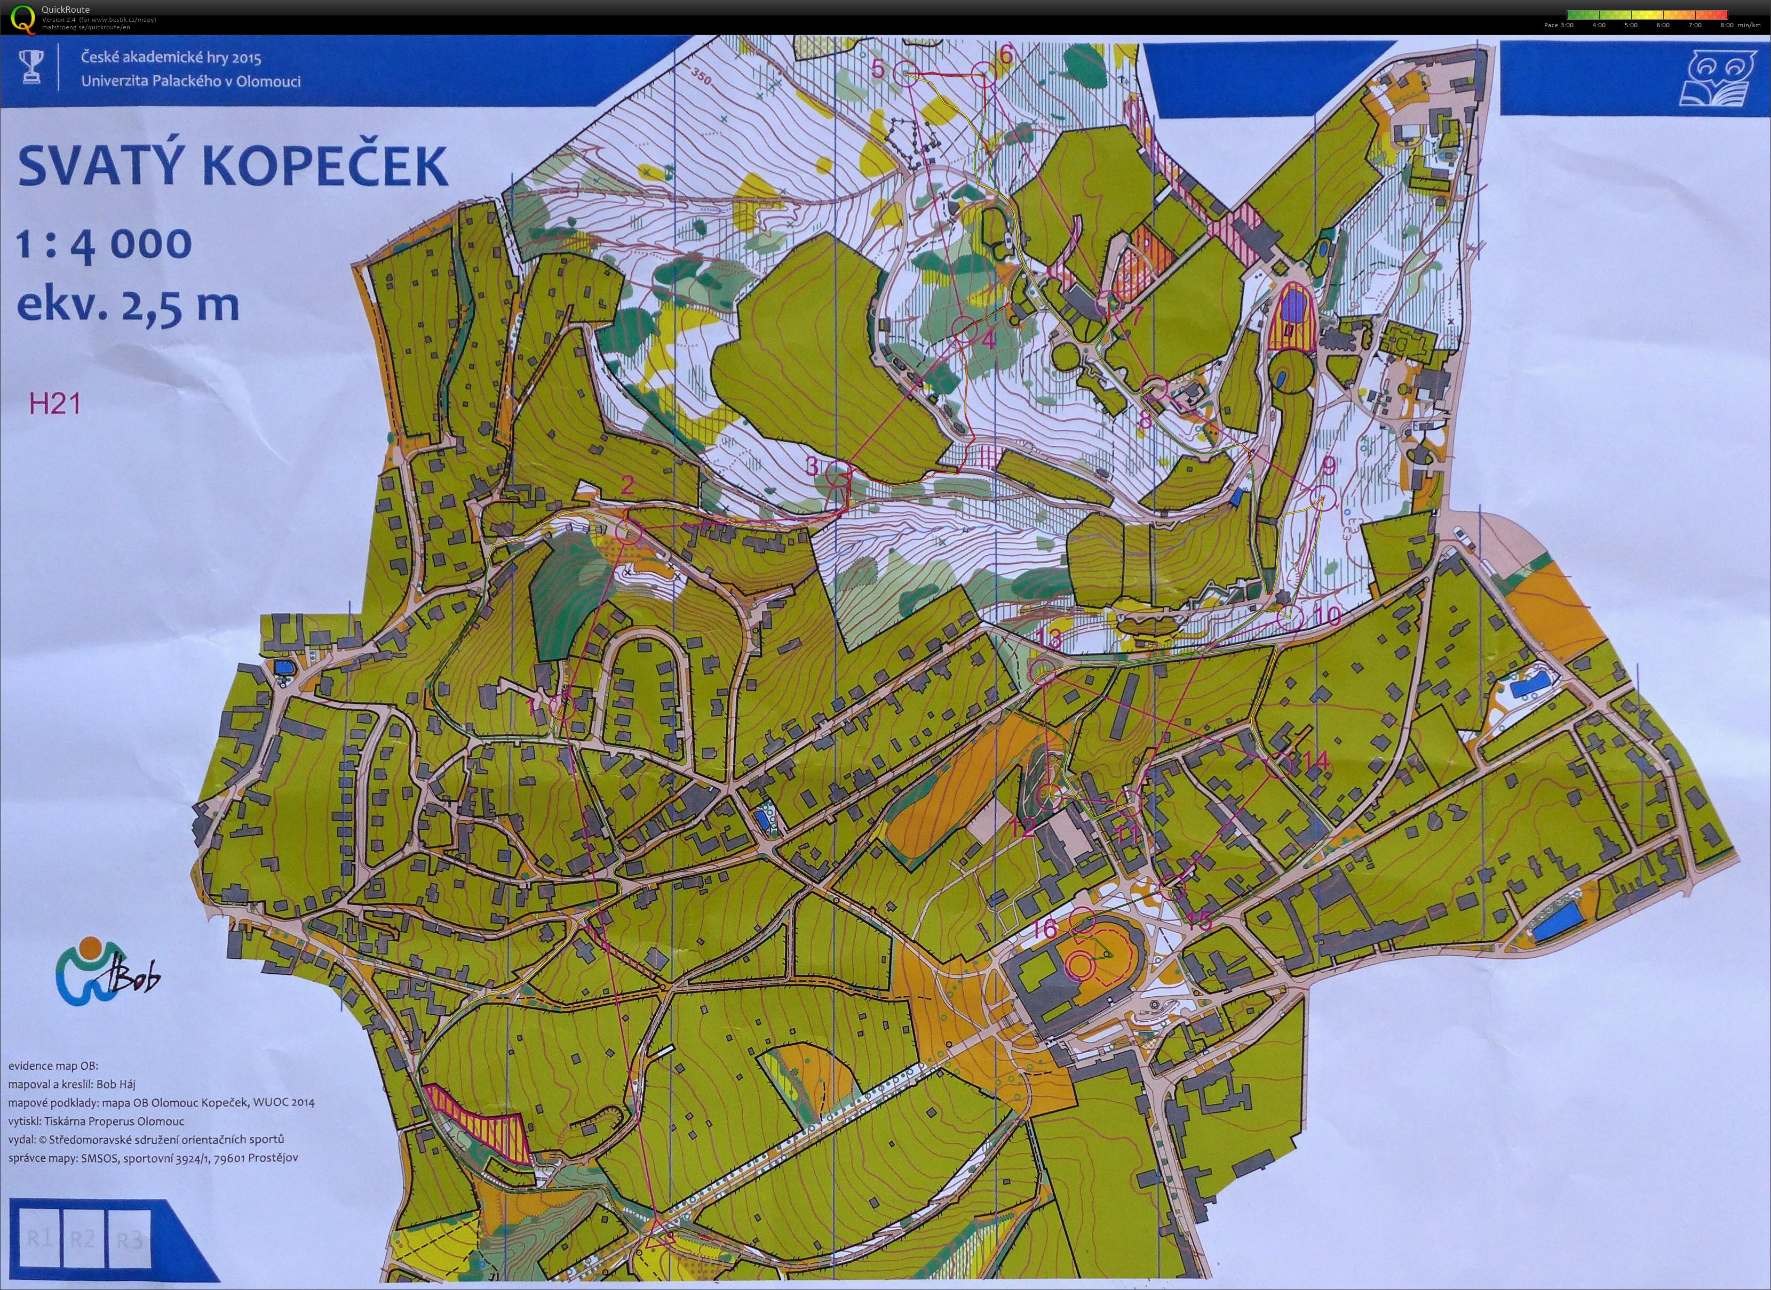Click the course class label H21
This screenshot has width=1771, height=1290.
pyautogui.click(x=54, y=404)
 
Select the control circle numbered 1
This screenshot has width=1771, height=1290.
pyautogui.click(x=562, y=707)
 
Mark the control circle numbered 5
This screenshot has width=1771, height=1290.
pyautogui.click(x=906, y=73)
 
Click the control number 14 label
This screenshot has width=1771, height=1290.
pyautogui.click(x=1315, y=760)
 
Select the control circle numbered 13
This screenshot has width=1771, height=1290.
pyautogui.click(x=1043, y=671)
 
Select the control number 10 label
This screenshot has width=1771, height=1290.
pyautogui.click(x=1327, y=616)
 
